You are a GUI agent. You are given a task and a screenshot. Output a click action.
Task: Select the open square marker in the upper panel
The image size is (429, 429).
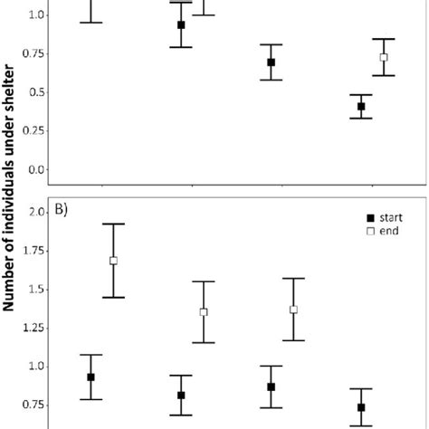pyautogui.click(x=384, y=57)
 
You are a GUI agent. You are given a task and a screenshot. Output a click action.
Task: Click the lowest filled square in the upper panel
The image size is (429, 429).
pyautogui.click(x=361, y=107)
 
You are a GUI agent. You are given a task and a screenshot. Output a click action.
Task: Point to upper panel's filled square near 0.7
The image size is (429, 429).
pyautogui.click(x=271, y=62)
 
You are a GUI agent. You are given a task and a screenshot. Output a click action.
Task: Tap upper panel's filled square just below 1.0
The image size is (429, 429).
pyautogui.click(x=181, y=25)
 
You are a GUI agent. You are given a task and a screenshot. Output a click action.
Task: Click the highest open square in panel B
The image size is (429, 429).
pyautogui.click(x=113, y=261)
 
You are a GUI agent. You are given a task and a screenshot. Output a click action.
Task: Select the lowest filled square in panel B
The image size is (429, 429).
pyautogui.click(x=361, y=407)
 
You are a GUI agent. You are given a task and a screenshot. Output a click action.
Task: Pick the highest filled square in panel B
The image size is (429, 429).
pyautogui.click(x=91, y=377)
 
